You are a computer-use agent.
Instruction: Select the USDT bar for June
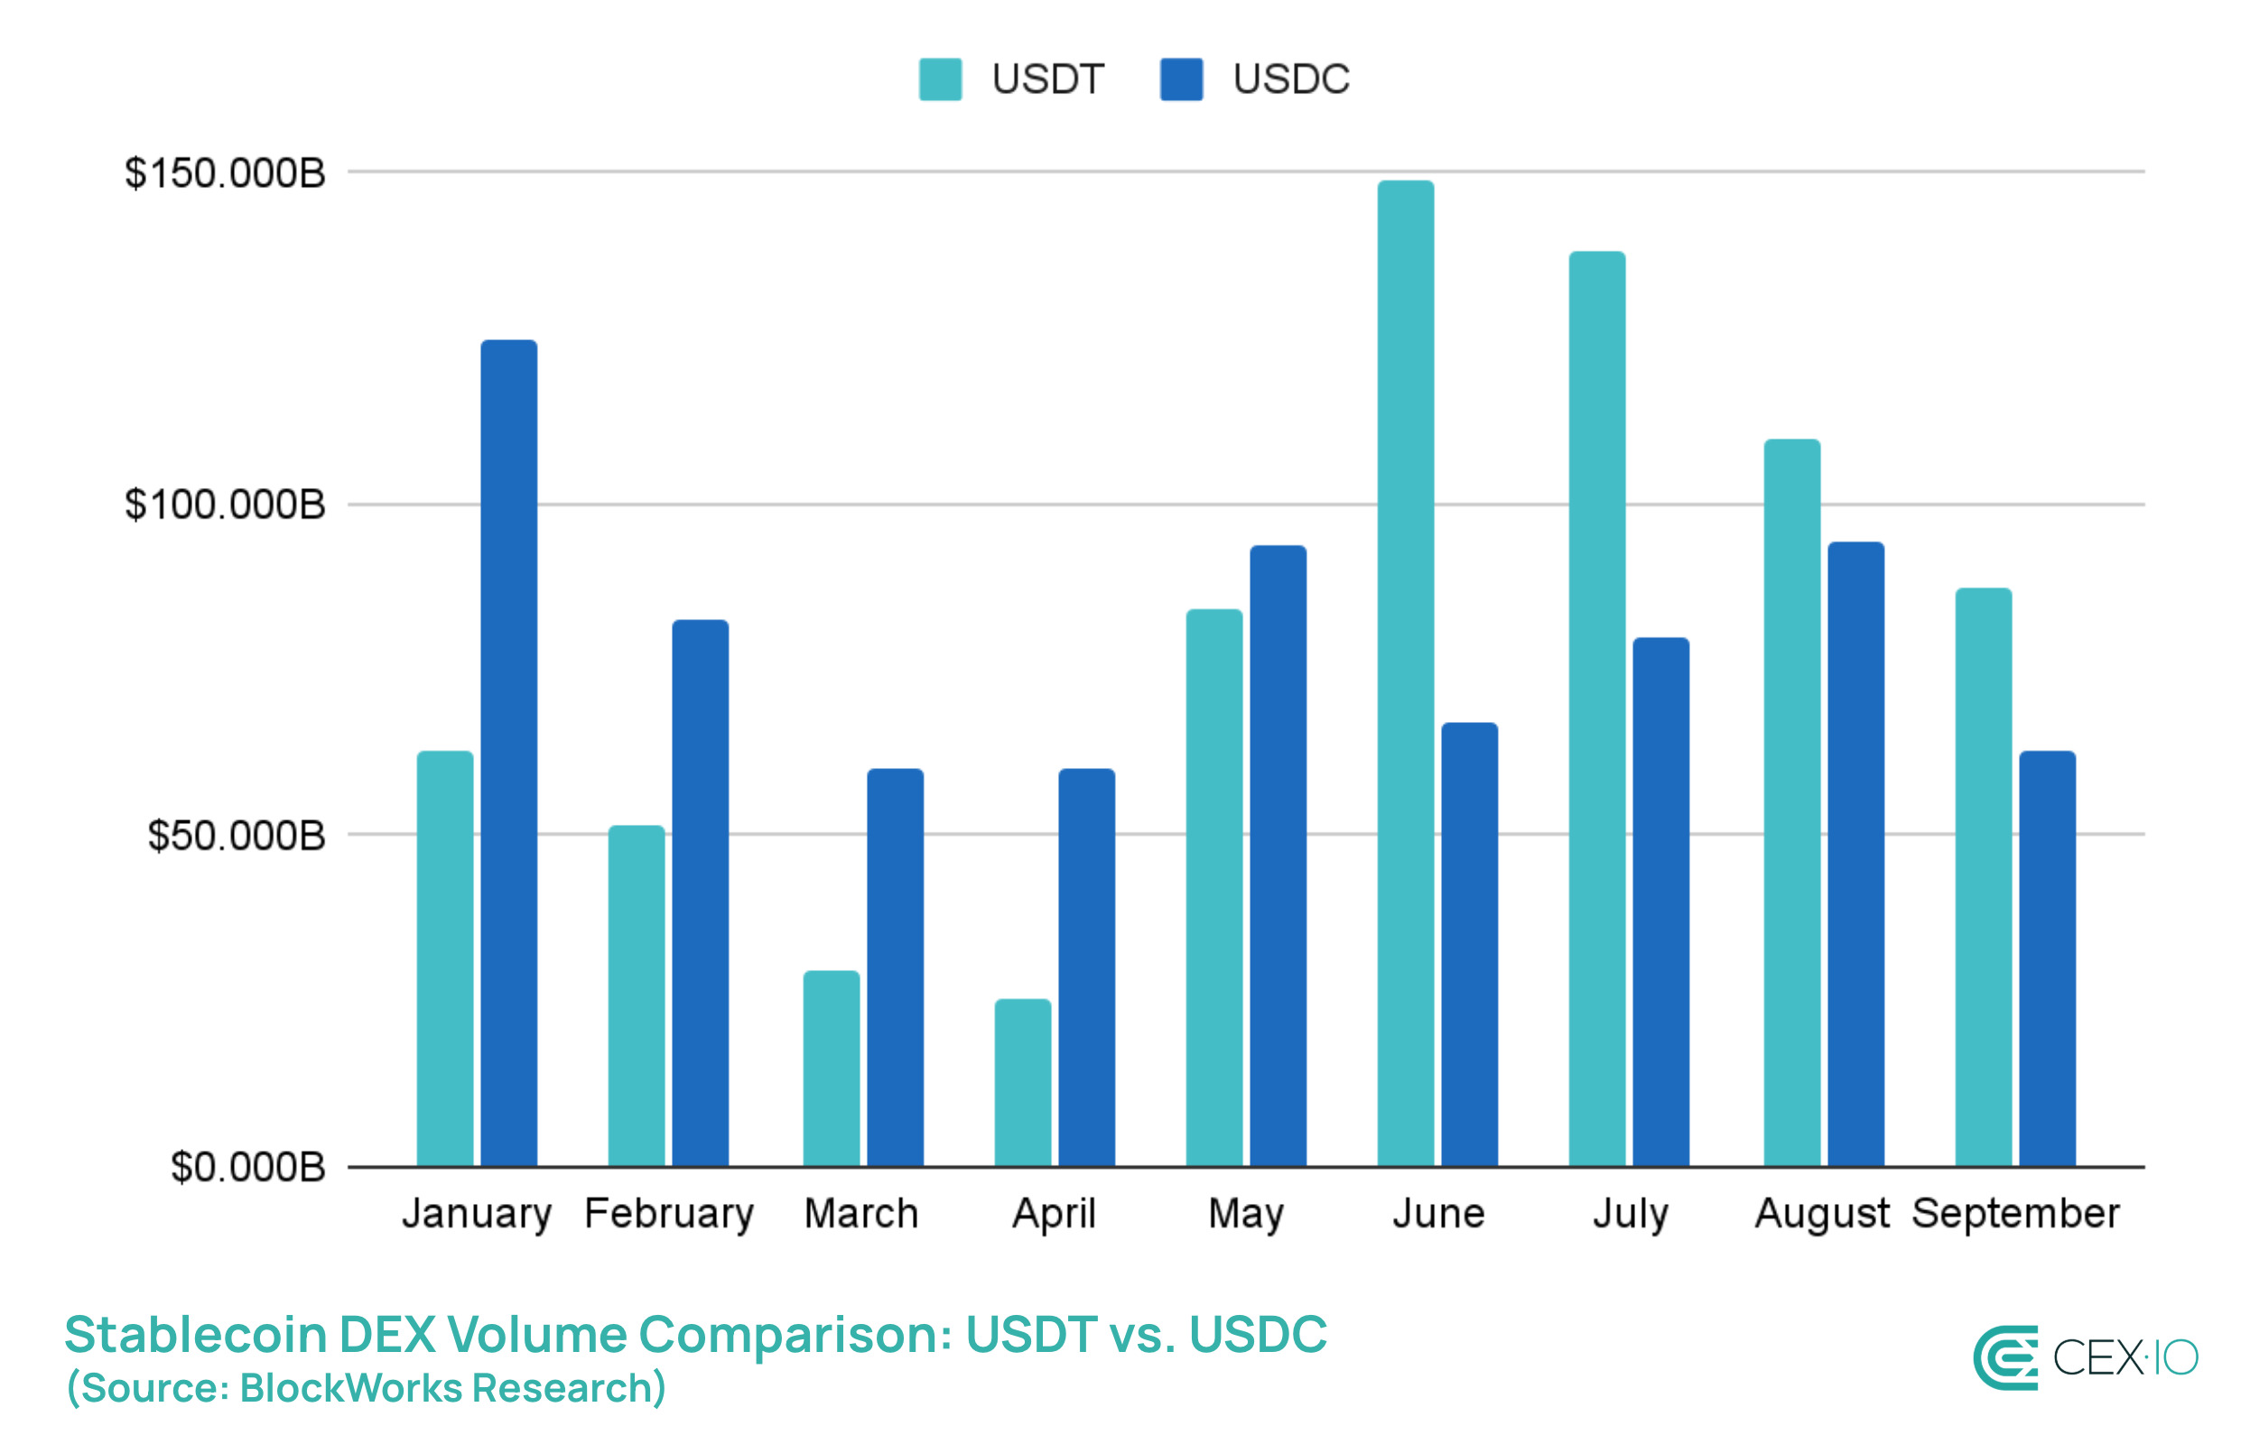coord(1405,672)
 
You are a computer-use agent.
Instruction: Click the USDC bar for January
coord(509,752)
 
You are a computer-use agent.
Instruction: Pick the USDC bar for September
coord(2047,958)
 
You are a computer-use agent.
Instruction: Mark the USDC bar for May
coord(1278,855)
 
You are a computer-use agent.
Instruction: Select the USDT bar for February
coord(637,995)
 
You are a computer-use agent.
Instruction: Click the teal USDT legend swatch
coord(940,79)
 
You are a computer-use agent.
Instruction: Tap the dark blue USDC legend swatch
coord(1181,79)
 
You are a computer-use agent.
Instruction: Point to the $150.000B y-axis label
coord(225,174)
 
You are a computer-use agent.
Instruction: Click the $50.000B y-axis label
coord(237,835)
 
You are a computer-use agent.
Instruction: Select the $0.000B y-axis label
coord(247,1167)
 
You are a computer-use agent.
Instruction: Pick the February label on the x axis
coord(669,1214)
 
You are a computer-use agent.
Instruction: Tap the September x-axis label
coord(2015,1214)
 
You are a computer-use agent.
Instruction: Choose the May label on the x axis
coord(1246,1214)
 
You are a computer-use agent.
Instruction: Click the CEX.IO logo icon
coord(2005,1357)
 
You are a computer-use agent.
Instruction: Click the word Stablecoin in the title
coord(194,1333)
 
